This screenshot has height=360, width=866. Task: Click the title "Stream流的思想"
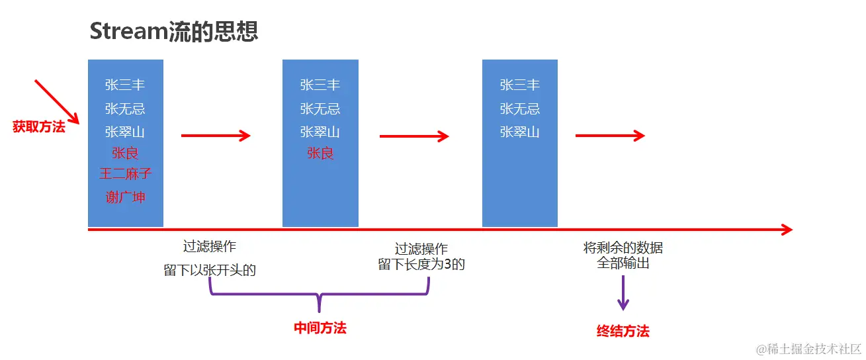173,31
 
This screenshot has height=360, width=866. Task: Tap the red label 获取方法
38,126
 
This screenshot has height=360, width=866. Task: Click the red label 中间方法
320,328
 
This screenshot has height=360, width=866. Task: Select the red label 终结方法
623,331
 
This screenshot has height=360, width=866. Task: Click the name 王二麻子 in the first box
125,173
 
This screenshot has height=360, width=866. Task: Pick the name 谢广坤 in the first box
125,197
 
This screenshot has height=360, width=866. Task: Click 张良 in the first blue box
125,153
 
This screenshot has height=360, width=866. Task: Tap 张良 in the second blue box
320,153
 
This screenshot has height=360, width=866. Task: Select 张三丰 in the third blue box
519,85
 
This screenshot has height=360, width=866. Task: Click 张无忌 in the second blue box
320,109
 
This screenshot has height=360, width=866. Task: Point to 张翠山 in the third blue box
519,132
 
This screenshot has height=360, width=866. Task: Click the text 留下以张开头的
210,270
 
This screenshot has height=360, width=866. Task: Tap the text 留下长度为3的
421,265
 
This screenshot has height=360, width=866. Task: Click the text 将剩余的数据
623,247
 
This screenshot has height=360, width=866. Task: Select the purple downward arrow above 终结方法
623,292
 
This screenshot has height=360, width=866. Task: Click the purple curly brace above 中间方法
320,294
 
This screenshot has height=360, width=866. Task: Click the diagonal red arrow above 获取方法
57,102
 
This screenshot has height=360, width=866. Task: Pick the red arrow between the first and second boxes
216,136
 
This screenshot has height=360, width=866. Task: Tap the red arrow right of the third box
610,136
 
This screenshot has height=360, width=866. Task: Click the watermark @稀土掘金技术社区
808,349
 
